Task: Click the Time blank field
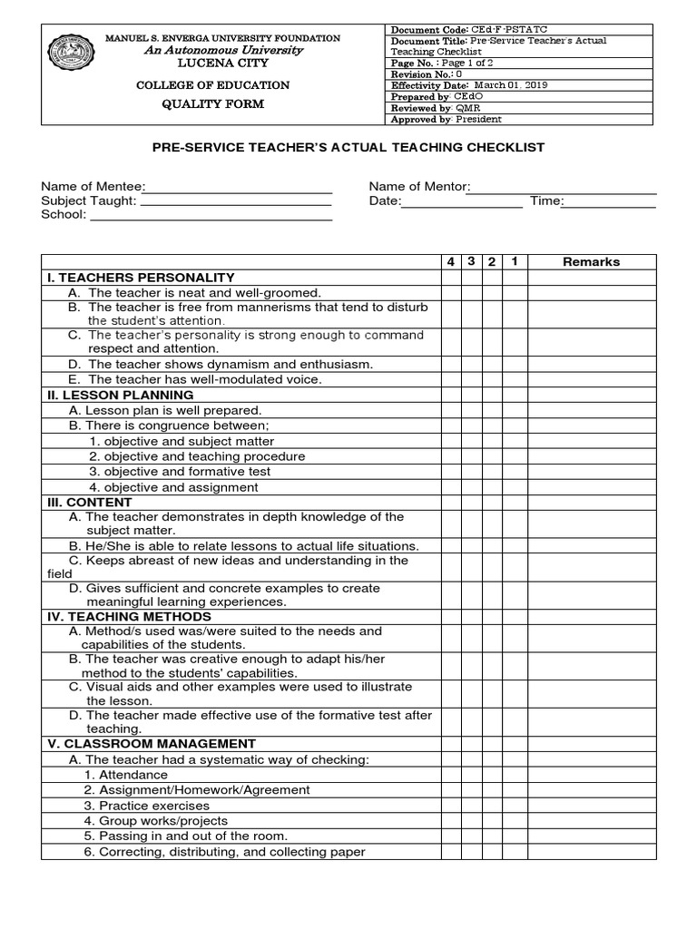tap(610, 202)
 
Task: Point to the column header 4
tap(450, 262)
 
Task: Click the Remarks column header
tap(592, 262)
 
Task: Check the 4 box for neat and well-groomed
tap(450, 293)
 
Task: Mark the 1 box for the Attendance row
tap(514, 775)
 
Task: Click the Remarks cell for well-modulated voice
tap(592, 379)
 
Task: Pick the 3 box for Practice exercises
tap(471, 806)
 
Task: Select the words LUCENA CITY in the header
tap(222, 64)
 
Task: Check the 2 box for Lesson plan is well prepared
tap(492, 411)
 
